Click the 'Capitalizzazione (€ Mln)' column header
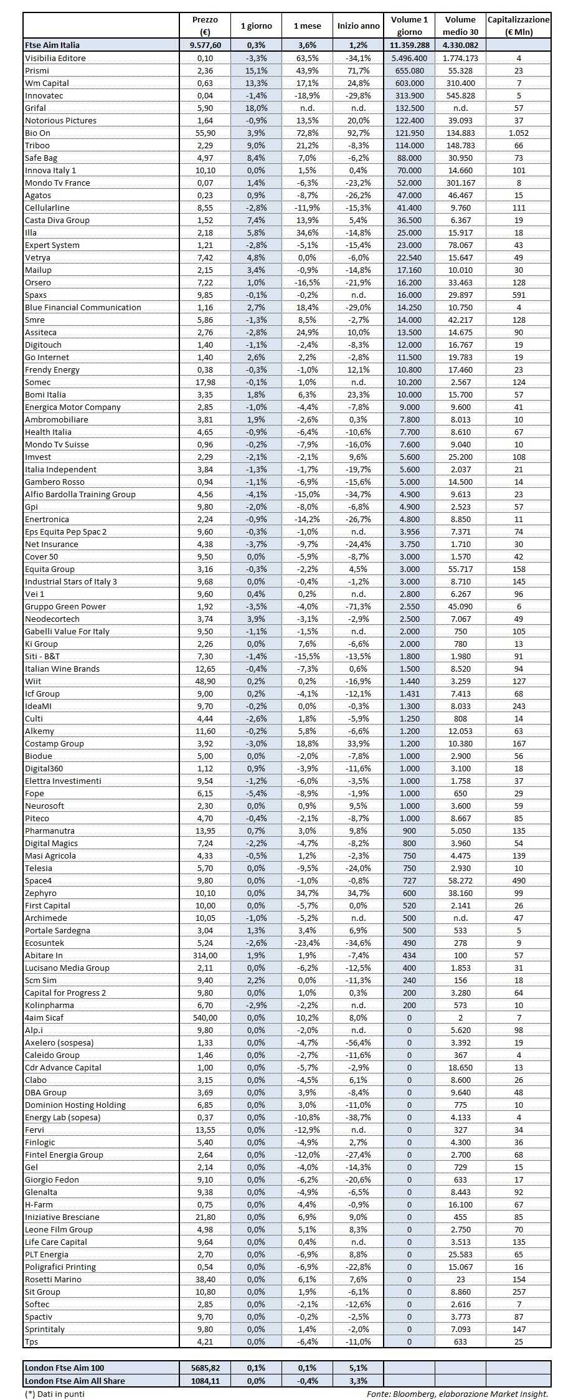coord(518,26)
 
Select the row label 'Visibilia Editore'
coord(55,58)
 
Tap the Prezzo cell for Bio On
coord(205,133)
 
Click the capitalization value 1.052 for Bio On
coord(518,133)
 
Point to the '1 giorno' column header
coord(256,26)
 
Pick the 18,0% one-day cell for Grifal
coord(256,108)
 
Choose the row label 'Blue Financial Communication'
coord(83,307)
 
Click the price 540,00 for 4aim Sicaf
coord(205,1017)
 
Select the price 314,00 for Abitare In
coord(205,955)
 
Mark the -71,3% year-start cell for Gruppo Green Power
coord(358,606)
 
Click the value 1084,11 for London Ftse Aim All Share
coord(205,1381)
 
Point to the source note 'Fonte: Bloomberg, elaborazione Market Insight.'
coord(457,1394)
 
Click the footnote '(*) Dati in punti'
coord(54,1394)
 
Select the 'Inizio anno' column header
coord(358,26)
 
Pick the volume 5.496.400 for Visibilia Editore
coord(409,58)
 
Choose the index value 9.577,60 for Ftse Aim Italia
coord(205,45)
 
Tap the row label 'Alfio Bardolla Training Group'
coord(80,494)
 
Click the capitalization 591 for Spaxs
coord(518,295)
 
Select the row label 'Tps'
coord(32,1341)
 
